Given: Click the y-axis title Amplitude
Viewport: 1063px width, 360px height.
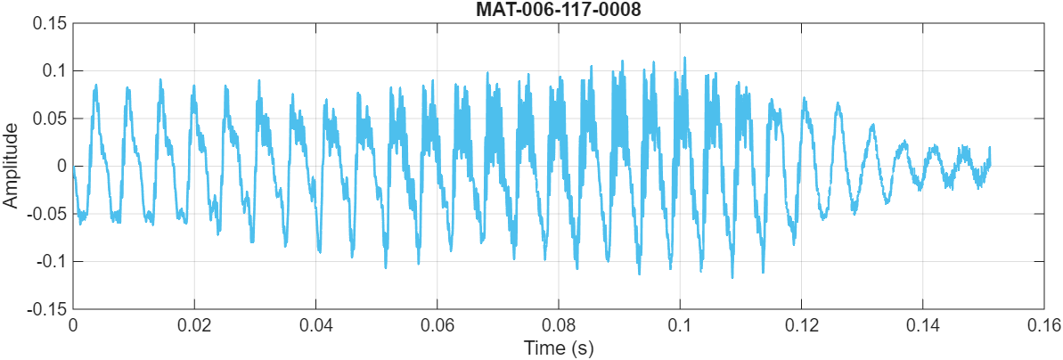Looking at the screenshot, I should [x=11, y=167].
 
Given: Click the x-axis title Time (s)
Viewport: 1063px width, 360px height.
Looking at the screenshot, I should [x=559, y=348].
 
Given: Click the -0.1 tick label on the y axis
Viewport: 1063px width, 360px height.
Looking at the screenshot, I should [x=50, y=262].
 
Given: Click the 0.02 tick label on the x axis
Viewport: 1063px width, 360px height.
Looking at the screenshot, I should [x=194, y=326].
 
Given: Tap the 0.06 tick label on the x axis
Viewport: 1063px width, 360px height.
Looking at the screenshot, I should [x=437, y=326].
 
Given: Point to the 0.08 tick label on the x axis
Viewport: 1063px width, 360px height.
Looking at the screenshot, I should [x=559, y=326].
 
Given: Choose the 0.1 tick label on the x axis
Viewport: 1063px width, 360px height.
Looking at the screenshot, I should [x=680, y=326].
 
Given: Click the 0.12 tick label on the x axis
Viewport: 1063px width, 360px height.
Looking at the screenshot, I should [x=802, y=326].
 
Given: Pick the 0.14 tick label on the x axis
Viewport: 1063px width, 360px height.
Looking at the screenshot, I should [x=923, y=326].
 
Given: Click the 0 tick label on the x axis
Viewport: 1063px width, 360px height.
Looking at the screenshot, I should [x=73, y=326].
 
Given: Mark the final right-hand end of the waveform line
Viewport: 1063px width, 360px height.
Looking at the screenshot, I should [x=989, y=148].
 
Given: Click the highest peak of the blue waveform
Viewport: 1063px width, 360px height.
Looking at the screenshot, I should [x=684, y=58].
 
